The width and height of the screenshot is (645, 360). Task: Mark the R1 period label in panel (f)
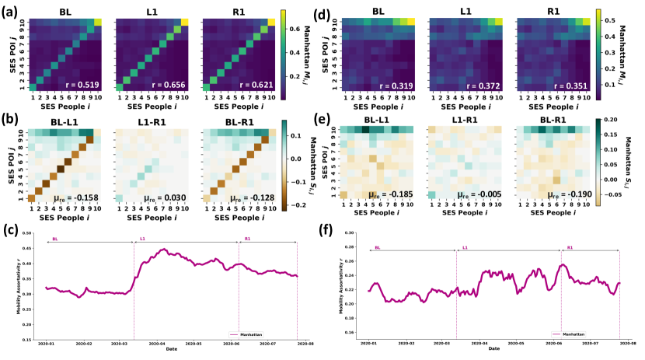coord(567,247)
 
